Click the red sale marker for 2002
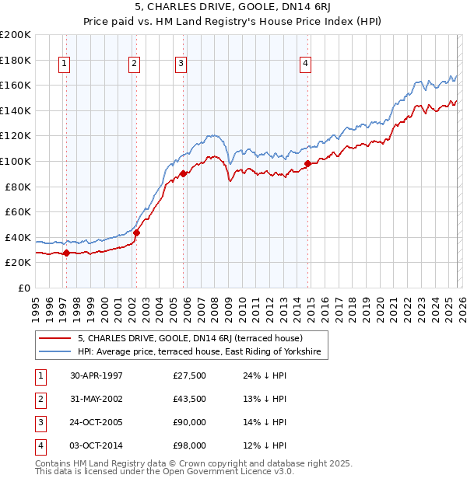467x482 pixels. (136, 232)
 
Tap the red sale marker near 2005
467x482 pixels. (183, 173)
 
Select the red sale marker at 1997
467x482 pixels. (66, 253)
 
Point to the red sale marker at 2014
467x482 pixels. (308, 163)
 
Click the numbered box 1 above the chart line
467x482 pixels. (64, 65)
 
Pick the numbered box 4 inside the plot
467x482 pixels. (306, 65)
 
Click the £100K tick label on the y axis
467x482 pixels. (16, 161)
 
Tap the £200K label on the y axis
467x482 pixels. (16, 35)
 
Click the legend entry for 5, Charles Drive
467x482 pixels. (195, 338)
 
